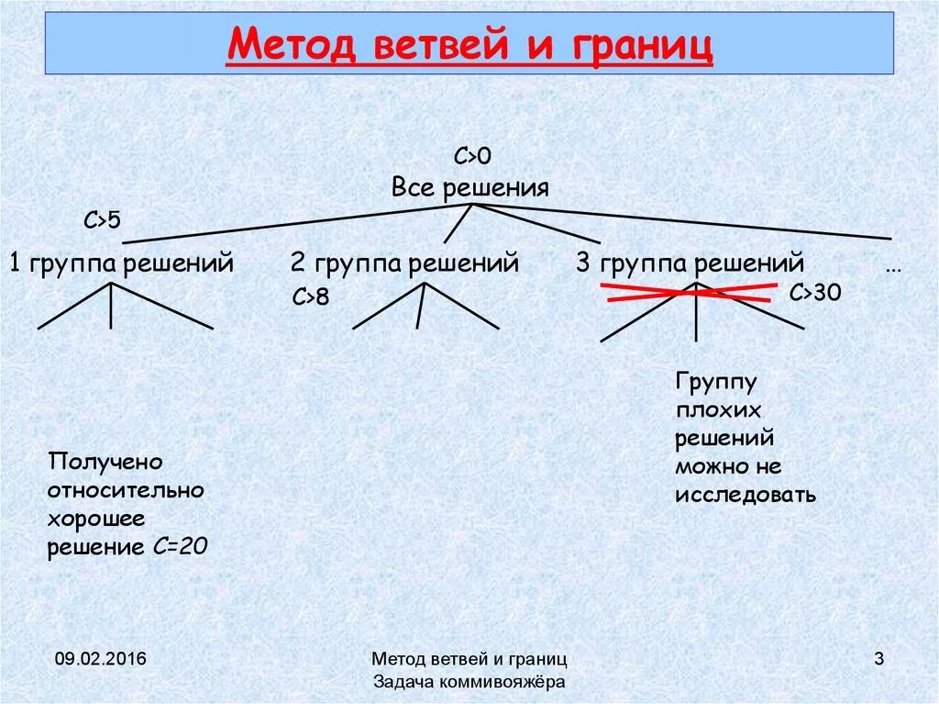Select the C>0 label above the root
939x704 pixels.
473,157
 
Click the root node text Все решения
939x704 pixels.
469,188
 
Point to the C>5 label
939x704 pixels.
103,220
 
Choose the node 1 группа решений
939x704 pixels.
122,263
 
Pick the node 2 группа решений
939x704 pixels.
405,263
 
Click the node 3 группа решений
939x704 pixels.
690,263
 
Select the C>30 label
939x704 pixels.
815,293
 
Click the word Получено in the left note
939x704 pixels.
105,461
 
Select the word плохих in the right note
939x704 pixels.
718,410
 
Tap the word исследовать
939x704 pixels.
746,495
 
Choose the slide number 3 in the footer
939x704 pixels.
878,658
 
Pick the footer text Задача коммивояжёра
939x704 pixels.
469,682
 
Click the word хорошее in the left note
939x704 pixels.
96,519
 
